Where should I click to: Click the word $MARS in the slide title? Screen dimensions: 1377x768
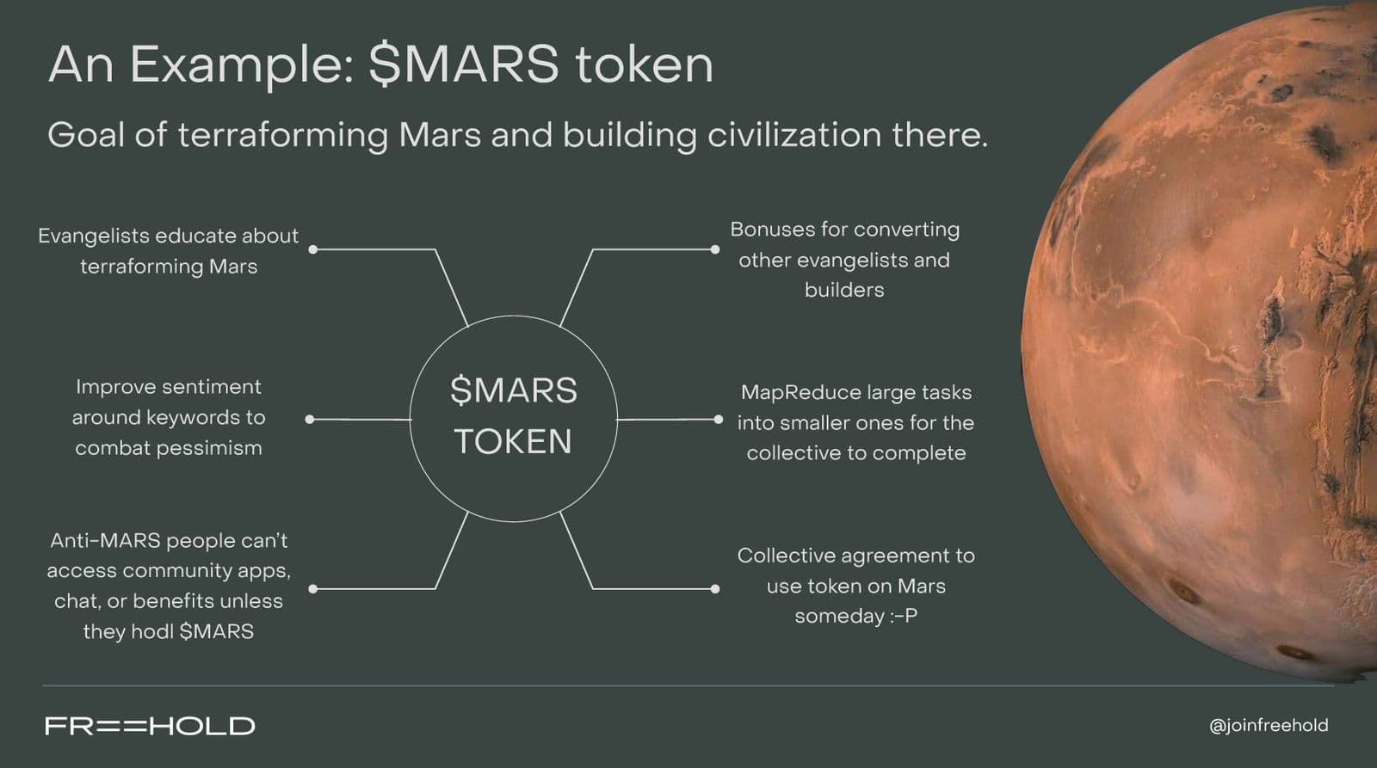(464, 64)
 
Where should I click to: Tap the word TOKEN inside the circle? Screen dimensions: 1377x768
(513, 441)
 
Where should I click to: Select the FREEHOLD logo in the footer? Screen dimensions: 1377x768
(150, 726)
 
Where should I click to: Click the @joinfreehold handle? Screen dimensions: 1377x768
(1269, 726)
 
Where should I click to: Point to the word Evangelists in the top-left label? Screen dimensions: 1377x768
(94, 237)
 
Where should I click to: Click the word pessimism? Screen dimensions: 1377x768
(209, 449)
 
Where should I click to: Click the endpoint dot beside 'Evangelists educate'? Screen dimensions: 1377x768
(313, 249)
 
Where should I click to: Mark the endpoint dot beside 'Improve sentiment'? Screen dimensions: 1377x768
(310, 420)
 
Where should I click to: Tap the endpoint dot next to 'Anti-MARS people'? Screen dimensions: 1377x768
(313, 589)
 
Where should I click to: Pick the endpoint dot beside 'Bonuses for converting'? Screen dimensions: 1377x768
(715, 249)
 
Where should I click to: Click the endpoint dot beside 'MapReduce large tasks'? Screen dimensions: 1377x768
(718, 420)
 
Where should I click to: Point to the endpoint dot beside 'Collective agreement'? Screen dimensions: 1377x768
(715, 589)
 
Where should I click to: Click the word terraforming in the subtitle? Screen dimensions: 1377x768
(283, 136)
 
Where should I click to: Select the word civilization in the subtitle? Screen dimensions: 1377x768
(795, 134)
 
